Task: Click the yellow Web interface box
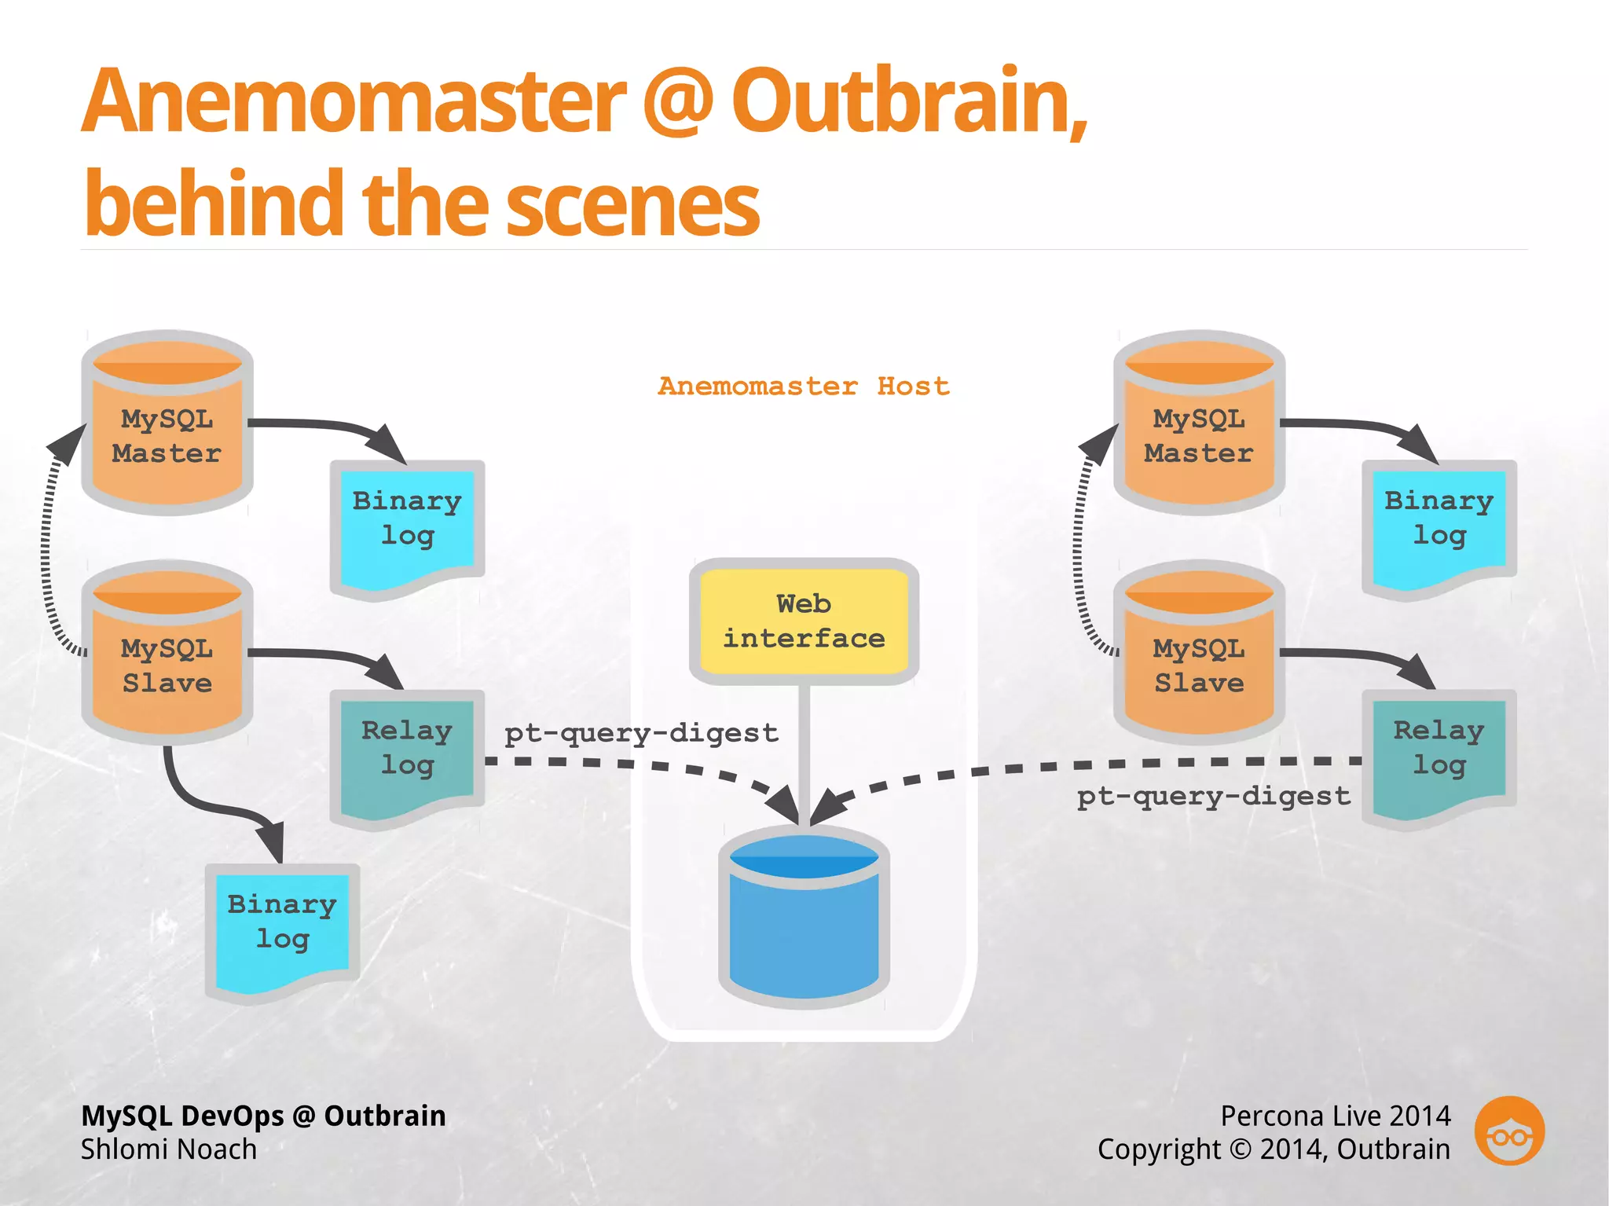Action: click(x=804, y=621)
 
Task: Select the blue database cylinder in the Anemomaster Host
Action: click(x=804, y=919)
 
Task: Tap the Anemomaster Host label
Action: click(x=804, y=387)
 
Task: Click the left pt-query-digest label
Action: click(x=641, y=733)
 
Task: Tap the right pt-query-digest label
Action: click(x=1213, y=797)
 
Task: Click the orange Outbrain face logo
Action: click(x=1509, y=1131)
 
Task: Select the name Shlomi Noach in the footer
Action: click(x=169, y=1149)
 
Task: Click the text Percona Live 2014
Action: click(x=1335, y=1116)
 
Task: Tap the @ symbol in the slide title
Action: click(x=677, y=102)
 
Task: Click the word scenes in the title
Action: click(x=632, y=206)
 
